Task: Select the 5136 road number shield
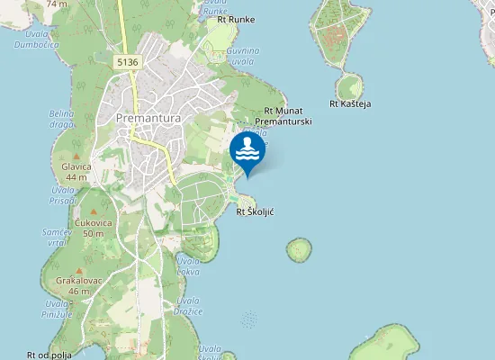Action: pos(127,61)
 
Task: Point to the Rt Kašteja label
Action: pos(350,103)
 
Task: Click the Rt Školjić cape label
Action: pos(255,212)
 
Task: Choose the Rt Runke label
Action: pos(229,19)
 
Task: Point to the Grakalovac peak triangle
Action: pos(79,270)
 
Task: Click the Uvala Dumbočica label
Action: pos(37,37)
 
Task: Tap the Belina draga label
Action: pos(62,118)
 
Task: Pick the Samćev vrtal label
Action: pos(57,238)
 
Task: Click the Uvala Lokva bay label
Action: pos(188,265)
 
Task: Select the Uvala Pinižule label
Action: pos(56,309)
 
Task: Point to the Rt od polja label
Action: pos(49,355)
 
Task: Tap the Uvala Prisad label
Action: pos(63,194)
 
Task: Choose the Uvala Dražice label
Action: pos(188,306)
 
